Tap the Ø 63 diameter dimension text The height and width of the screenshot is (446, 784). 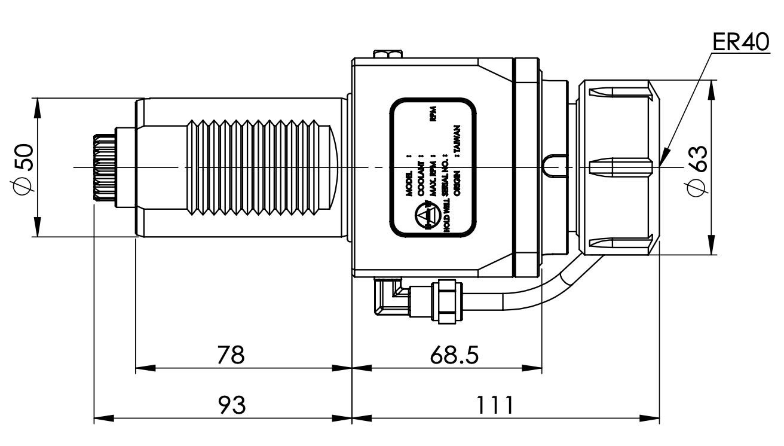pyautogui.click(x=697, y=169)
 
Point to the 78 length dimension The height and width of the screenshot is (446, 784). pyautogui.click(x=231, y=355)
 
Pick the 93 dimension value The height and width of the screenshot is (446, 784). pyautogui.click(x=231, y=405)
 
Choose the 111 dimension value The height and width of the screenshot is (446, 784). pyautogui.click(x=495, y=405)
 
